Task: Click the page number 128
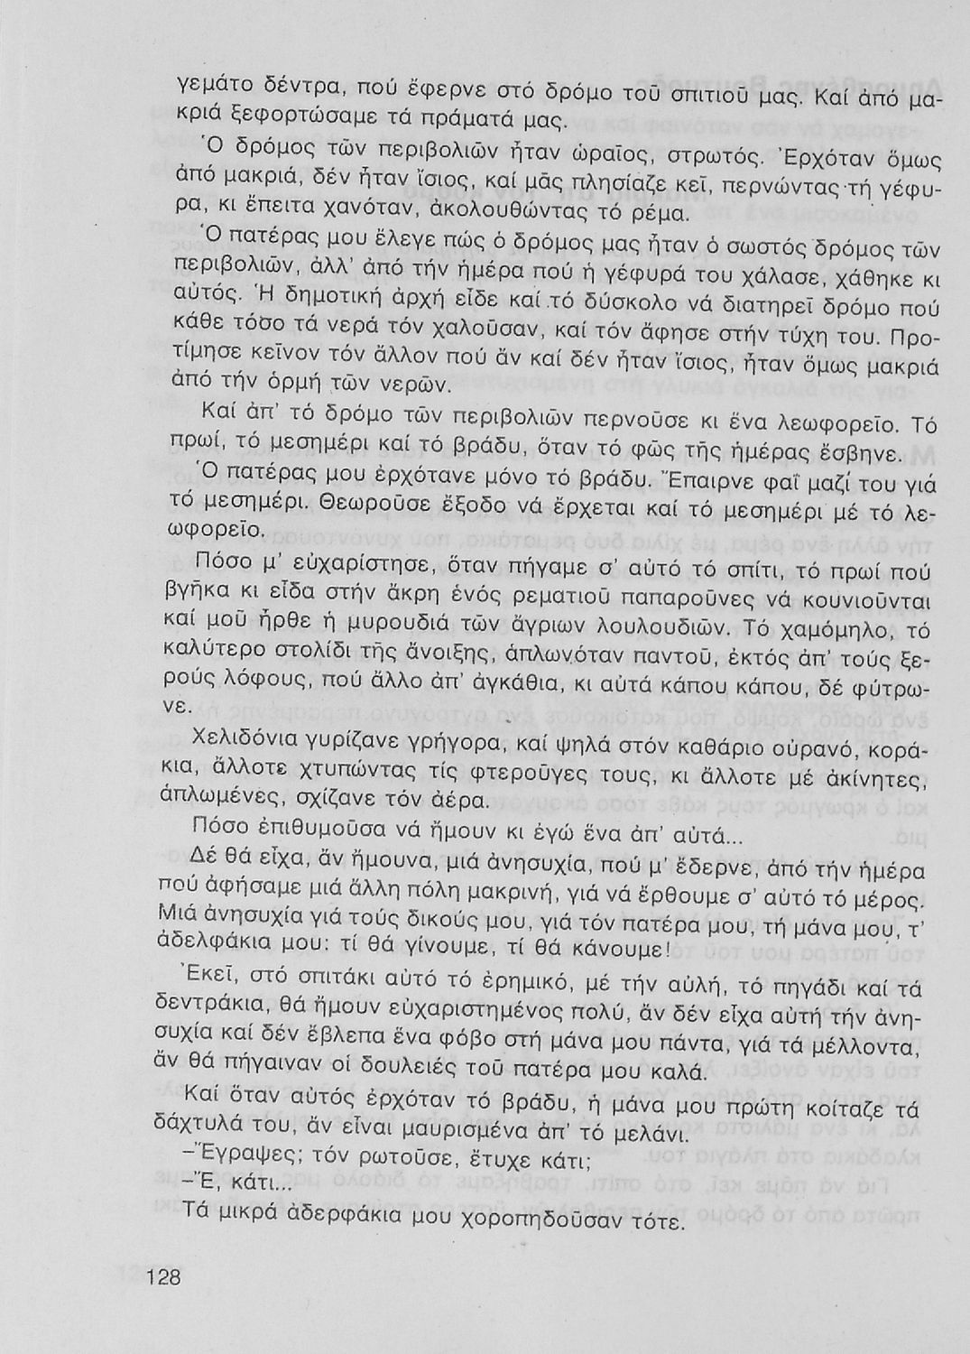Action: [x=163, y=1277]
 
